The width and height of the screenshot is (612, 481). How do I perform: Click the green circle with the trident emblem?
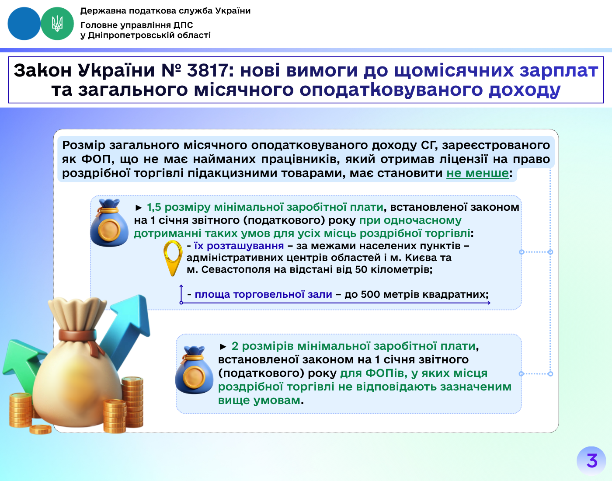point(57,24)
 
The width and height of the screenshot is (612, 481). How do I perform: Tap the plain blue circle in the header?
point(24,24)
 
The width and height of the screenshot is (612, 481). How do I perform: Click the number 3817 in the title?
point(207,70)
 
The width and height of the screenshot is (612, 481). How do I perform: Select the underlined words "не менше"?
point(478,173)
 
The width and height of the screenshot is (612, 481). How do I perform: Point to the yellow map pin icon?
point(173,258)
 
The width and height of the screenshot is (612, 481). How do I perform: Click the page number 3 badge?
point(591,461)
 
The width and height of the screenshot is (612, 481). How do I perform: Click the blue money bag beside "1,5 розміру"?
point(109,223)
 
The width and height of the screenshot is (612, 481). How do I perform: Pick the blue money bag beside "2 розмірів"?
point(194,370)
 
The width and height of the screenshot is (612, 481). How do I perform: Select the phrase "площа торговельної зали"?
point(263,294)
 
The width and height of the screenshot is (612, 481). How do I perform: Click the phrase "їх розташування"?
point(239,246)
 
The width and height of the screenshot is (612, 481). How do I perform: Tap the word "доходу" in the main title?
point(525,90)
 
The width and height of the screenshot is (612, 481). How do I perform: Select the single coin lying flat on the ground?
point(41,429)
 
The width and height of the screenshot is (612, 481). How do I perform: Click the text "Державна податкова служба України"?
point(165,10)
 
